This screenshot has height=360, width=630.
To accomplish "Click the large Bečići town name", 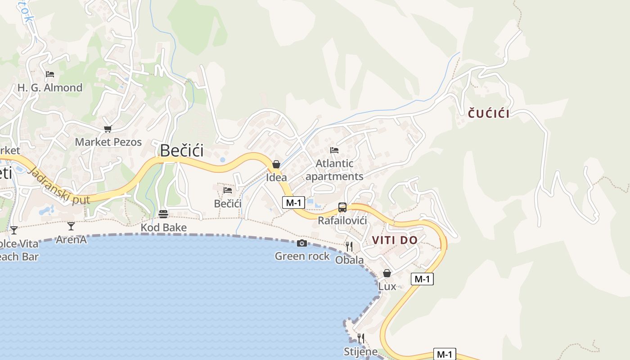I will [182, 150].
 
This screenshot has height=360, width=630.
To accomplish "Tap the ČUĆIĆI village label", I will [489, 113].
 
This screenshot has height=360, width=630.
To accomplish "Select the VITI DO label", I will [395, 240].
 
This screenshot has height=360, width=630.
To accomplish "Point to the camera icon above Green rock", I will [302, 243].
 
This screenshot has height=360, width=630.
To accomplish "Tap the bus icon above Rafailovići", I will [342, 207].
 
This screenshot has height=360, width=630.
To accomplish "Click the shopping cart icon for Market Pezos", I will [108, 129].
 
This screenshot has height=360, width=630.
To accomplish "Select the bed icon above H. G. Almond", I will [50, 74].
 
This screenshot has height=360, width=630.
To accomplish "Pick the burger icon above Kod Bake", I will [163, 214].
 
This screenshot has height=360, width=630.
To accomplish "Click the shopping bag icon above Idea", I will [276, 164].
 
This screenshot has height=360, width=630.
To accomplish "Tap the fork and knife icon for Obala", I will [349, 246].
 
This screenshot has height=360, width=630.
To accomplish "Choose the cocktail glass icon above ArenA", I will [71, 226].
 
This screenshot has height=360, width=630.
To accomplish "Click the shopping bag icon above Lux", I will [387, 273].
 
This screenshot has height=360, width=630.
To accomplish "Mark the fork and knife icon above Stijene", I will [360, 338].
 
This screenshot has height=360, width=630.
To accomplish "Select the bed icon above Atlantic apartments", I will [334, 150].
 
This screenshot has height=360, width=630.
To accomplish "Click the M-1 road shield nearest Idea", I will [293, 202].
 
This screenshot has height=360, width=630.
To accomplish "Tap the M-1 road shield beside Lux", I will [422, 279].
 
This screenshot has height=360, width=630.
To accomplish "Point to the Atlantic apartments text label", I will [334, 170].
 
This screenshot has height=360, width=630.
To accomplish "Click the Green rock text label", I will [302, 256].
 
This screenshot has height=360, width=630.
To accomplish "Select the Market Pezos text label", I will [108, 142].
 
